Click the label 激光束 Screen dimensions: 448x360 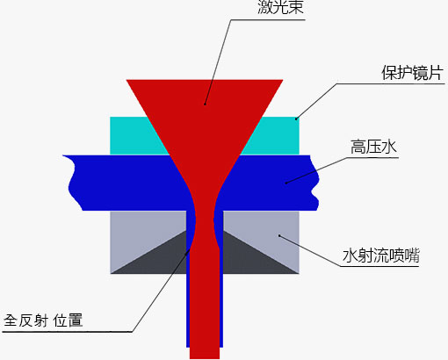pyautogui.click(x=280, y=6)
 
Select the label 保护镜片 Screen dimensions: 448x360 pyautogui.click(x=412, y=73)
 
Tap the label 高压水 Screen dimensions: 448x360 pyautogui.click(x=373, y=147)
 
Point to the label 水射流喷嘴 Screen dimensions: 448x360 pyautogui.click(x=381, y=256)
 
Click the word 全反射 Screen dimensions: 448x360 pyautogui.click(x=25, y=320)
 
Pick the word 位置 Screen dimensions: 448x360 pyautogui.click(x=68, y=320)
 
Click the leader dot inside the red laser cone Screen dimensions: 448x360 pyautogui.click(x=205, y=104)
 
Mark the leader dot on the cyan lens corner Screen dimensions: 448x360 pyautogui.click(x=296, y=119)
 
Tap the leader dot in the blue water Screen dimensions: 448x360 pyautogui.click(x=286, y=184)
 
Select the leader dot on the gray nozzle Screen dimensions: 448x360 pyautogui.click(x=279, y=235)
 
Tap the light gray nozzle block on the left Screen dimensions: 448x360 pyautogui.click(x=138, y=228)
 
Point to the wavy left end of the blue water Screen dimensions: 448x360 pyautogui.click(x=73, y=183)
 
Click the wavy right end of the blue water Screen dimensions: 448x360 pyautogui.click(x=314, y=183)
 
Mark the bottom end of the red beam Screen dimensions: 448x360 pyautogui.click(x=205, y=357)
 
